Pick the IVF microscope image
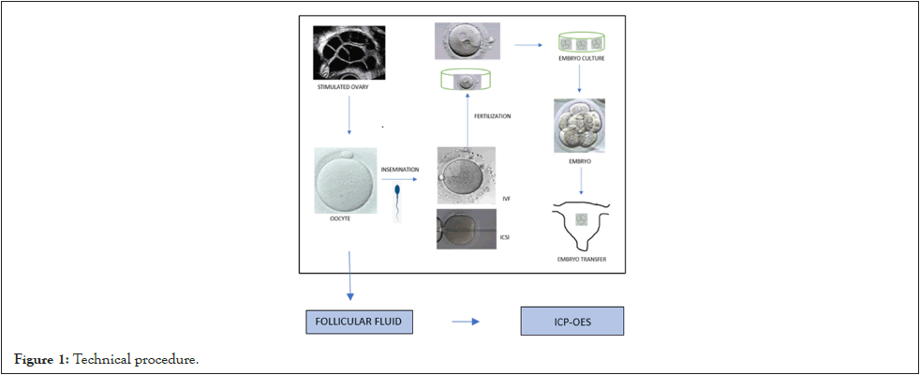click(466, 175)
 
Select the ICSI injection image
click(466, 229)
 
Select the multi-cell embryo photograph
click(579, 126)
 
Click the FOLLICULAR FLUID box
click(360, 322)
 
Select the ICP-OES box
click(571, 322)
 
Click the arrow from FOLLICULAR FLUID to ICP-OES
click(466, 322)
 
